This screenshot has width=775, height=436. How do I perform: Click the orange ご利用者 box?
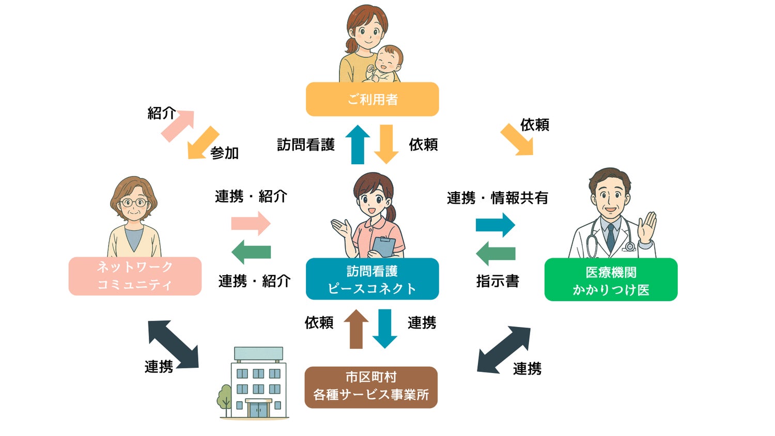[372, 99]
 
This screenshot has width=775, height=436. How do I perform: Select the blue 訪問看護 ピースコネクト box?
[372, 279]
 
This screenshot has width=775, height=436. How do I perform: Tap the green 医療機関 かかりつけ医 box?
[611, 280]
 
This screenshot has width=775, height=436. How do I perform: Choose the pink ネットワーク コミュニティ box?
[135, 276]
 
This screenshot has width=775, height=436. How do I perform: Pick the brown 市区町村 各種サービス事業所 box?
[371, 387]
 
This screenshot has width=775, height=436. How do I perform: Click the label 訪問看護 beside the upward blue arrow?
[306, 145]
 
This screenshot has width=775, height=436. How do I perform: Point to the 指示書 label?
[498, 281]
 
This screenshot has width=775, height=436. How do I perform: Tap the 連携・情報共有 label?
[497, 198]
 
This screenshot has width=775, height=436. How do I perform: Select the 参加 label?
[224, 153]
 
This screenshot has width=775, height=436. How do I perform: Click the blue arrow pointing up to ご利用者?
[358, 145]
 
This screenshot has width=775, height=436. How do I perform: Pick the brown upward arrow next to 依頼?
[356, 329]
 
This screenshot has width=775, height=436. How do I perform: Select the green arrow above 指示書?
[495, 253]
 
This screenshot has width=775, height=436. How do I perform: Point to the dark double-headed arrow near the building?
[173, 344]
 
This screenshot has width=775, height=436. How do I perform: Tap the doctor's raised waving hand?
[647, 227]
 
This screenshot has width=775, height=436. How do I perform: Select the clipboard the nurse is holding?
[384, 247]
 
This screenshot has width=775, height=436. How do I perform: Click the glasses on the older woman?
[134, 202]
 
